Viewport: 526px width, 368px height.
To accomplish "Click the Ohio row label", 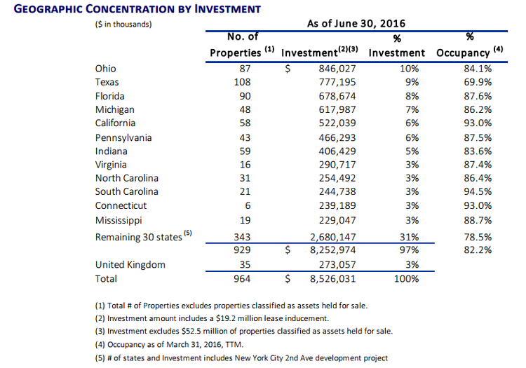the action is (105, 69).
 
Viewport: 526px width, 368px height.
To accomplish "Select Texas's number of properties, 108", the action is (242, 82).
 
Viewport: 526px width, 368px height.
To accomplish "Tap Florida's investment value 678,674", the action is (337, 96).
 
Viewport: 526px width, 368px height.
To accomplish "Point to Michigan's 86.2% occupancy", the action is (478, 109).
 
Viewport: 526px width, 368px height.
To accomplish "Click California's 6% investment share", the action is (412, 123).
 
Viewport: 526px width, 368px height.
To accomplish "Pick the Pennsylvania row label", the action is (123, 138).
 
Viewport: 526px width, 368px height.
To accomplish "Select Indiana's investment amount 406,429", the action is (337, 151).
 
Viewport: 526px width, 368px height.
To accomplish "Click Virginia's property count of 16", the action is (245, 165).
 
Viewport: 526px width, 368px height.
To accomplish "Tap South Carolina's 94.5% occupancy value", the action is (478, 191).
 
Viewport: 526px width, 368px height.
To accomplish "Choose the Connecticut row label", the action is (121, 205).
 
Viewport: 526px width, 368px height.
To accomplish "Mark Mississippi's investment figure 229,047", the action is (337, 220).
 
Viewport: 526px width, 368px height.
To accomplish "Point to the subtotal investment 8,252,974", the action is (332, 250).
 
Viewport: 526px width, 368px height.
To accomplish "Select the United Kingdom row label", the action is (130, 265).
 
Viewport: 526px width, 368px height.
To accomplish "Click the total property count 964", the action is (242, 278).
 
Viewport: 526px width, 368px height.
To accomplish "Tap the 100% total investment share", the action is (406, 278).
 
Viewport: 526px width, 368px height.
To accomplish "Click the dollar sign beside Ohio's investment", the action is (288, 69).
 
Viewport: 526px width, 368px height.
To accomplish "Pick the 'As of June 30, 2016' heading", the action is (356, 23).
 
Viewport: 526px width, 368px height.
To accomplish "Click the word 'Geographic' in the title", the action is (47, 8).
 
